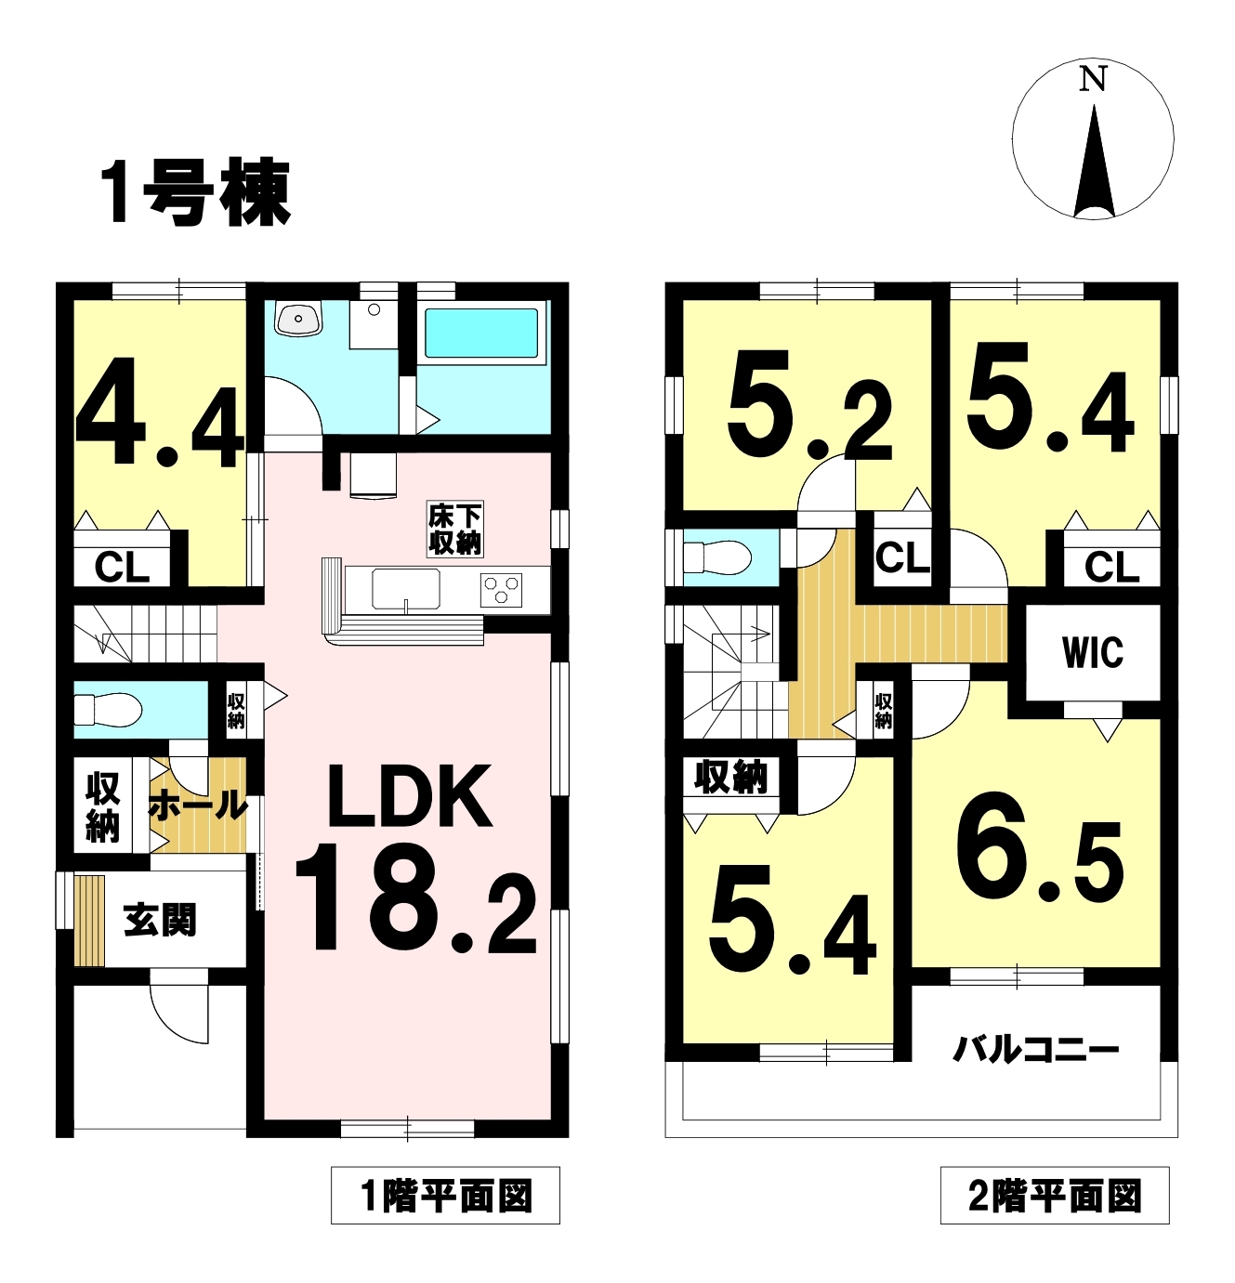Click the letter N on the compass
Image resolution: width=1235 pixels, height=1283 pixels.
[1092, 80]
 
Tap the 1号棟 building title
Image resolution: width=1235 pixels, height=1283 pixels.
[196, 194]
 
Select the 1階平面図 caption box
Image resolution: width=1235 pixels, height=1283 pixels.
[445, 1196]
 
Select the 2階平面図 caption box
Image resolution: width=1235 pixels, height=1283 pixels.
[1055, 1196]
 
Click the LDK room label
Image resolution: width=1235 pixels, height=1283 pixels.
[409, 796]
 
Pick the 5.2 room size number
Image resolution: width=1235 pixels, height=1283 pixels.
[809, 406]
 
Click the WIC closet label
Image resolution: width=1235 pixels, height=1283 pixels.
[1093, 652]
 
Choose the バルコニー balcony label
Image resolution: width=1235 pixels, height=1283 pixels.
[1035, 1050]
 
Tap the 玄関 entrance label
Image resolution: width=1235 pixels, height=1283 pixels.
[160, 921]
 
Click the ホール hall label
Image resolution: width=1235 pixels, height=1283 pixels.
[198, 805]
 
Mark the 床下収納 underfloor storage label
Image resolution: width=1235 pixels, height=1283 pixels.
[455, 530]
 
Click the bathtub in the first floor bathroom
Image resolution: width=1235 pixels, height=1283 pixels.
[481, 333]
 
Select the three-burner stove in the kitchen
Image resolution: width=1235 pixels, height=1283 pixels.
[501, 589]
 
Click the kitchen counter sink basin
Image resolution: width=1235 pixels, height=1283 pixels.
[405, 589]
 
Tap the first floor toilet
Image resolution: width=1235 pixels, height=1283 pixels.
[108, 710]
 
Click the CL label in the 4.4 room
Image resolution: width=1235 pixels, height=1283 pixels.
[122, 567]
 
